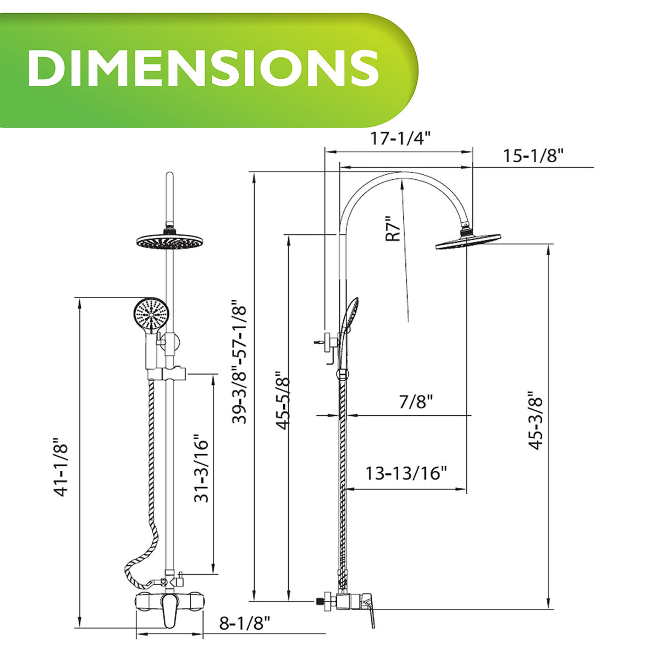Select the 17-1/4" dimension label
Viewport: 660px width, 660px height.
click(400, 139)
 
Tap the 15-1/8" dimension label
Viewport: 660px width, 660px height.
click(533, 156)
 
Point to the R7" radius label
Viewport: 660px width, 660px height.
click(393, 228)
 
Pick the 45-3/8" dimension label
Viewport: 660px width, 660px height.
click(535, 420)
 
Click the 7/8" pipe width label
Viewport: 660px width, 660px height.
click(416, 402)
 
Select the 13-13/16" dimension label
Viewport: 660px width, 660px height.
click(406, 473)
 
